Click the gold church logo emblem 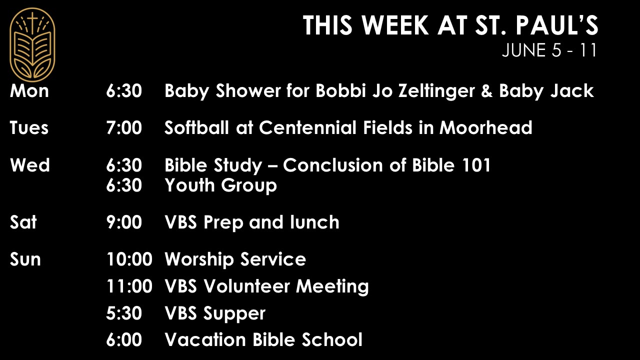pos(32,45)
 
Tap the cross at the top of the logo pos(32,21)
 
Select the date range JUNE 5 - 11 pos(549,50)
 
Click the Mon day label pos(29,91)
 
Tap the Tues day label pos(29,127)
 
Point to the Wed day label pos(29,165)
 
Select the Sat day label pos(23,222)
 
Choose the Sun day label pos(25,259)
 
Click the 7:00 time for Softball pos(124,127)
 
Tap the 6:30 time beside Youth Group pos(124,185)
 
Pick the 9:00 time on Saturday pos(124,222)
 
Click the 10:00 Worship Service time pos(129,259)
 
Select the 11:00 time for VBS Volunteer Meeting pos(129,286)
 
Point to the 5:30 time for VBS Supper pos(124,313)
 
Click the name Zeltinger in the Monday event pos(436,91)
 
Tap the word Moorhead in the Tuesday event pos(485,127)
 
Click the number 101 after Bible pos(476,165)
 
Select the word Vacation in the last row pos(205,339)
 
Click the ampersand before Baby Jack pos(487,91)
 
